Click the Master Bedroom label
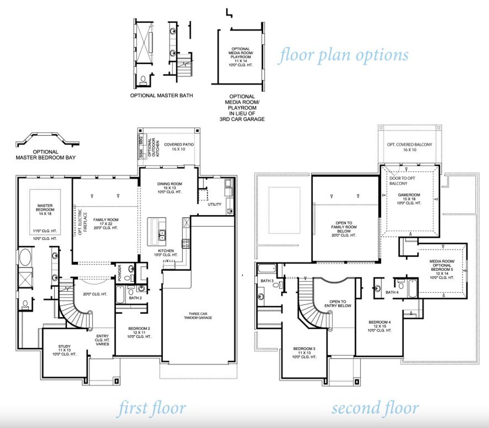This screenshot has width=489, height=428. (45, 210)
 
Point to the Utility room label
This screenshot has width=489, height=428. (214, 204)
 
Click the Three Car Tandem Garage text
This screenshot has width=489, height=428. (198, 316)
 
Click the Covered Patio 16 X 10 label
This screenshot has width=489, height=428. (179, 147)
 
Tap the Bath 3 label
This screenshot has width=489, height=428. (267, 281)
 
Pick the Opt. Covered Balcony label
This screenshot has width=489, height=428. (410, 147)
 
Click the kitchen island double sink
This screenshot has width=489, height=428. (162, 235)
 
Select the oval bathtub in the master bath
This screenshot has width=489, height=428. (25, 258)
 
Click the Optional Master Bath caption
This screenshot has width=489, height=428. (161, 95)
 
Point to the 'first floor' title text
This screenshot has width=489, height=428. (152, 408)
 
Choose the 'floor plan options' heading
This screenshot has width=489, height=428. (343, 55)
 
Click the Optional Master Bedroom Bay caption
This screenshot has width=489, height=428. (45, 155)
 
